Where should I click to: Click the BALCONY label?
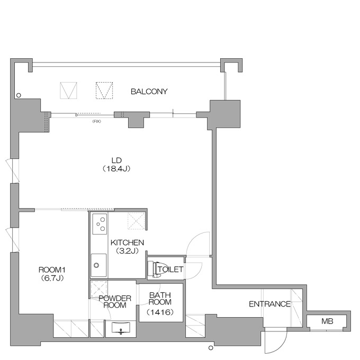149,92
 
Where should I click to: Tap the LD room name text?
116,160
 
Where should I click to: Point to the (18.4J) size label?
116,169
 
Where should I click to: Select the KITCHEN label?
127,242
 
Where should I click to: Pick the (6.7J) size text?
52,278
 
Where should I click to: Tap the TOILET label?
170,269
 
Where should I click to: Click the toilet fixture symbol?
154,268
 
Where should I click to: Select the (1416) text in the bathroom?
160,312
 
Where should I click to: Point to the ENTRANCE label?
270,304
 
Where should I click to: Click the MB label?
327,321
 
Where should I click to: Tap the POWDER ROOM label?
115,302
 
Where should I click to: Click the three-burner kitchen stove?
100,224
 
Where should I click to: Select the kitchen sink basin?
98,265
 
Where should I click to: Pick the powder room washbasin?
121,327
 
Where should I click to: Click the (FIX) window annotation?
97,121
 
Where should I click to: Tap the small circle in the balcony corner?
19,95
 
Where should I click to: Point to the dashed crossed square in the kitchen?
137,221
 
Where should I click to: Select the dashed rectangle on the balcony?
104,91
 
